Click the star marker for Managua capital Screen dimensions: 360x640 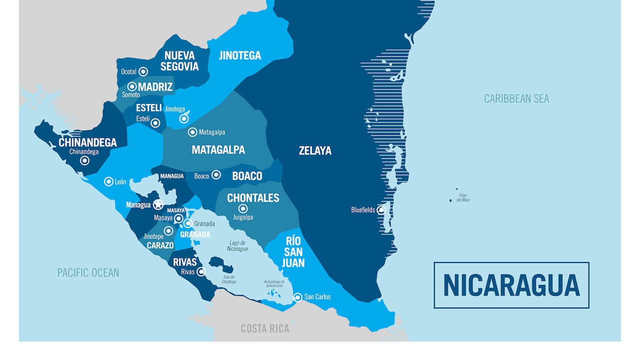coord(158,204)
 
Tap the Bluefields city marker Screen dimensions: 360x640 coord(381,210)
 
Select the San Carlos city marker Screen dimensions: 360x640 coord(297,297)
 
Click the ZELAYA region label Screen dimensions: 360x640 coord(315,150)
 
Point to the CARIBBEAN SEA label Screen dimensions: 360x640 coord(516,98)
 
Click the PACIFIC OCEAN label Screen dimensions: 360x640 coord(88,272)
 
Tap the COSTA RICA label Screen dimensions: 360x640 coord(265,328)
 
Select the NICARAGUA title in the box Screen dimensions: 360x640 coord(511,285)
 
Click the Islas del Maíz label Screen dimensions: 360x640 coord(462,197)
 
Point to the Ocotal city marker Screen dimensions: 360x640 coord(143,71)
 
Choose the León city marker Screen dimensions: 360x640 coord(108,181)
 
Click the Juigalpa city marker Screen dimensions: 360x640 coord(243,208)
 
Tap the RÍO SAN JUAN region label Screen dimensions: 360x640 coord(293,251)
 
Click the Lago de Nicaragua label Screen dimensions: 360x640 coord(237,245)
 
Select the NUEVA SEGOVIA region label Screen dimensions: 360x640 coord(179,60)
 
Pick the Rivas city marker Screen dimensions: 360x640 coord(201,271)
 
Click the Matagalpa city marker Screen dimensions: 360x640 coord(192,132)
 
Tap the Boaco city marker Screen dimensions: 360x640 coord(216,174)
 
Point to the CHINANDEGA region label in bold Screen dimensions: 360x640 coord(87,142)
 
